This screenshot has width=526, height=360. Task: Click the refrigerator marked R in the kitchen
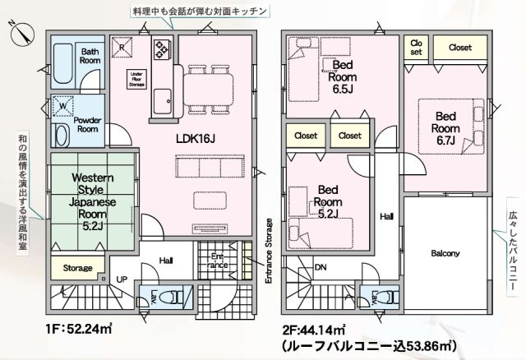coord(122,48)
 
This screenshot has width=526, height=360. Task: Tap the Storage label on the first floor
coord(78,268)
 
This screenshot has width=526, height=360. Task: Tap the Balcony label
coord(444,253)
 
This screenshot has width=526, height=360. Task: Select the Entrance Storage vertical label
coord(268,251)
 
